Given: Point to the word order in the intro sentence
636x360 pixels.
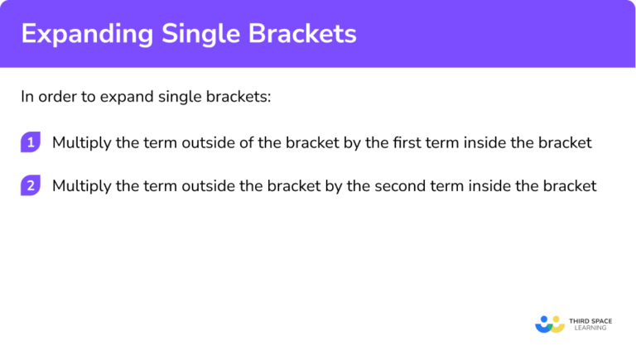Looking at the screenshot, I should click(x=56, y=96).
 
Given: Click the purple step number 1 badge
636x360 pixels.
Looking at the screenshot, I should click(x=31, y=142).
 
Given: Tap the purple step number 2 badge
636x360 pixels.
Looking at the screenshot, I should click(x=31, y=185).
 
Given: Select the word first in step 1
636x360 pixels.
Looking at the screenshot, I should click(x=406, y=142).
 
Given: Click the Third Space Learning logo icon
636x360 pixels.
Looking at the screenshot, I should click(x=549, y=324).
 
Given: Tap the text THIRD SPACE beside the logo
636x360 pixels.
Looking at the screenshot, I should click(x=590, y=319).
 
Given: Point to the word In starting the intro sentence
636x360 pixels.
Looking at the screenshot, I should click(x=27, y=96).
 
